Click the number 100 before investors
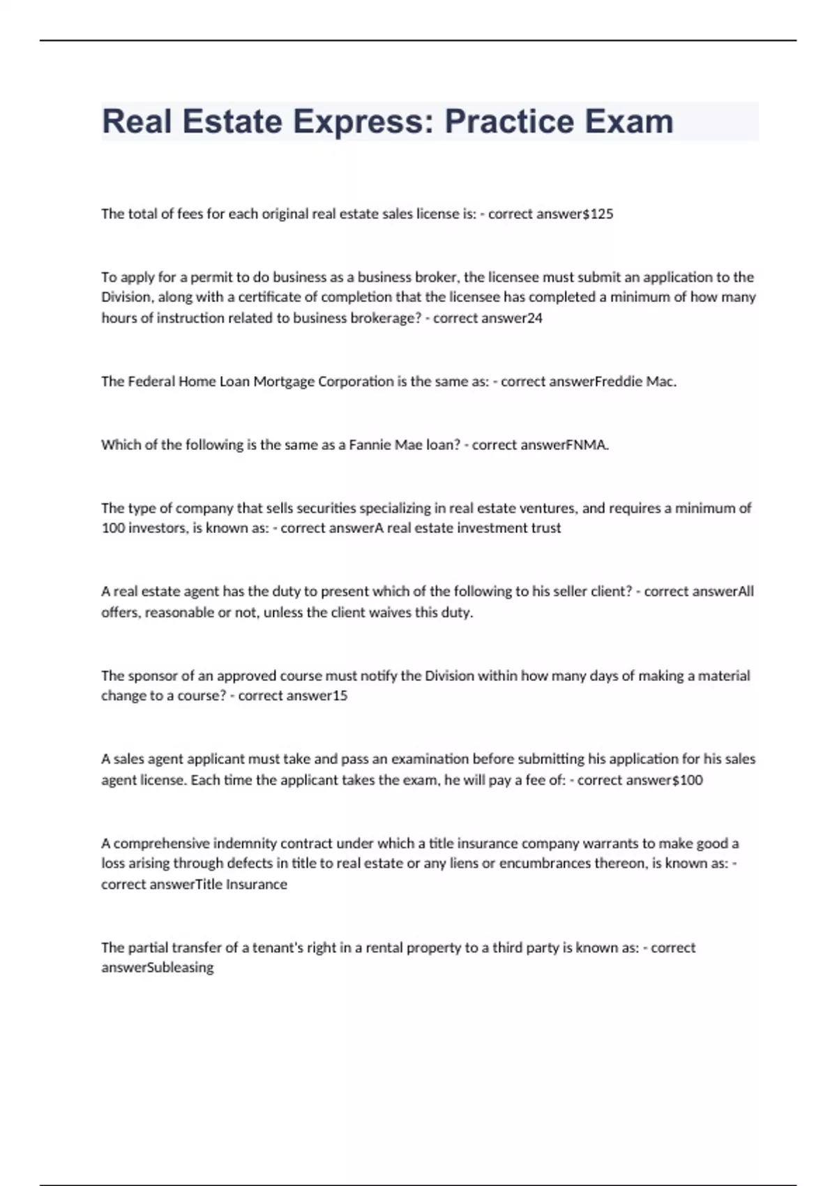point(112,528)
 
